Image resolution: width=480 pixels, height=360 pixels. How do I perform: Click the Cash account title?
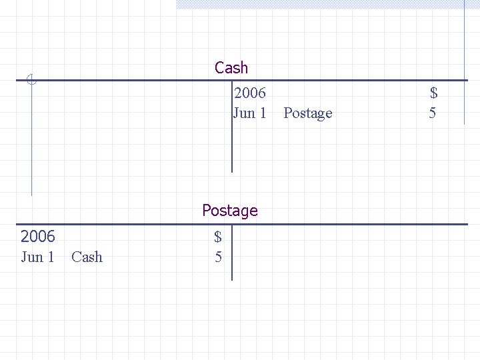pos(231,68)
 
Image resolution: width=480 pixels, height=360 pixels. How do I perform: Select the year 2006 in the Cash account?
pos(250,93)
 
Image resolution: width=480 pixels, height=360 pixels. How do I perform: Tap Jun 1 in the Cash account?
pos(250,113)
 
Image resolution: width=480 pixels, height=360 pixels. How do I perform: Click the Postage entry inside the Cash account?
pos(307,113)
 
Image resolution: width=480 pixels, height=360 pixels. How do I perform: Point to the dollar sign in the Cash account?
pos(433,93)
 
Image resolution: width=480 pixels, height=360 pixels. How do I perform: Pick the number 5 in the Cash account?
pos(433,113)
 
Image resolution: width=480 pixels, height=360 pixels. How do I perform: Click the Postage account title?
pos(229,211)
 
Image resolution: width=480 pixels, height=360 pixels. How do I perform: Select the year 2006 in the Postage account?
pos(38,236)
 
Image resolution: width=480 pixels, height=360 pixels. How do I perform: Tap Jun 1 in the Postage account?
pos(37,257)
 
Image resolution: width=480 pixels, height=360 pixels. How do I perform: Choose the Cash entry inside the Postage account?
pos(87,257)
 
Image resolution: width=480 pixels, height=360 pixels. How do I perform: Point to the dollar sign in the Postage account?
pos(218,236)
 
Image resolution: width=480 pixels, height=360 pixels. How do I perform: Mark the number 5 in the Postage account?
pos(218,257)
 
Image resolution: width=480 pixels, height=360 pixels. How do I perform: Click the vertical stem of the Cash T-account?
pos(231,133)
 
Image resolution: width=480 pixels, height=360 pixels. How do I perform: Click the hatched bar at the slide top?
pos(320,3)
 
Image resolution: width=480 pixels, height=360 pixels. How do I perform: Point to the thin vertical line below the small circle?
pos(31,140)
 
